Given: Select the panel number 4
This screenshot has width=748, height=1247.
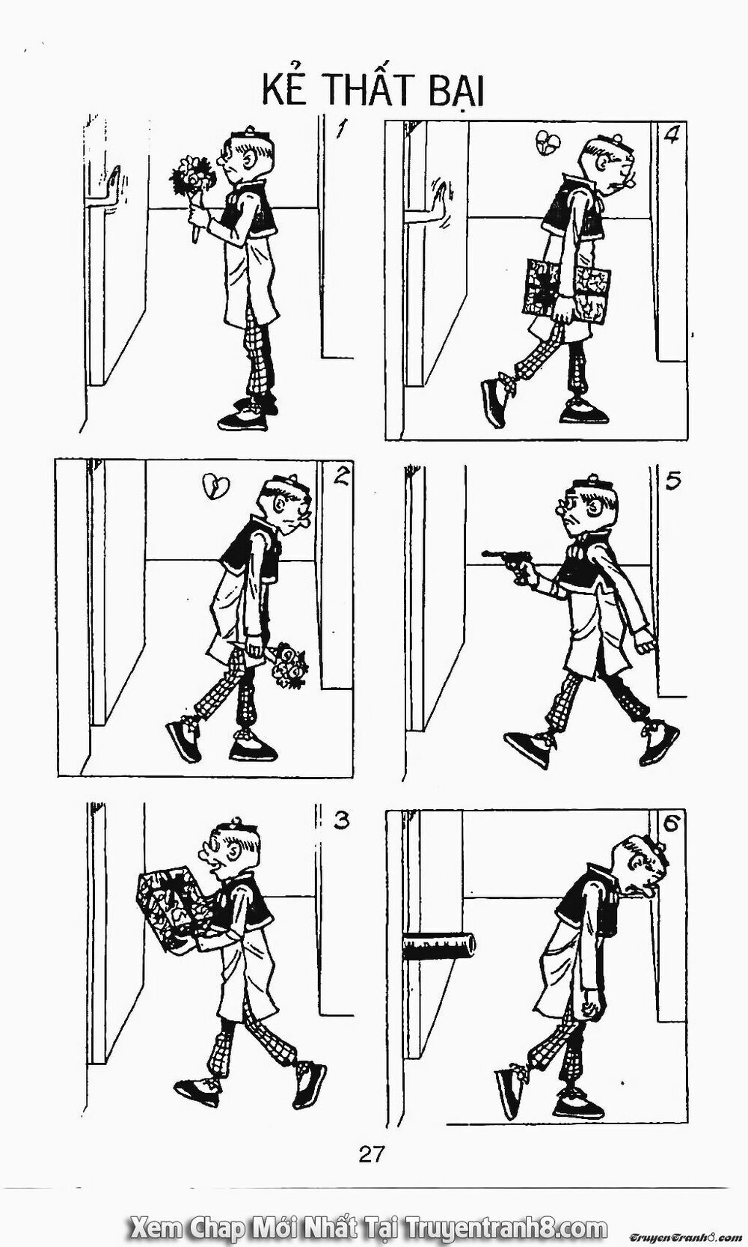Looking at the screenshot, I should point(671,137).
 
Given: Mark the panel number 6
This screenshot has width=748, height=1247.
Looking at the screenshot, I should point(671,825).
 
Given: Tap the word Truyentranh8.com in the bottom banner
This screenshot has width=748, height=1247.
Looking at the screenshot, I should point(505,1228).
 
